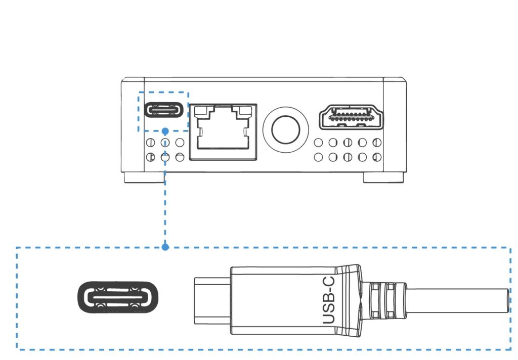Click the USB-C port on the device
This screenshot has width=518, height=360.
[163, 110]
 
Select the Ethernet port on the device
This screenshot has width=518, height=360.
[223, 132]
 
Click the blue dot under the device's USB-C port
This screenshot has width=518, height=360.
[165, 131]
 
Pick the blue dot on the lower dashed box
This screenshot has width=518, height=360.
[165, 247]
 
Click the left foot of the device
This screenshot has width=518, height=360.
[144, 177]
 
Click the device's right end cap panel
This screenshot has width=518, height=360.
[395, 126]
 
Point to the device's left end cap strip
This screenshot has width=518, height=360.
[133, 126]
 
